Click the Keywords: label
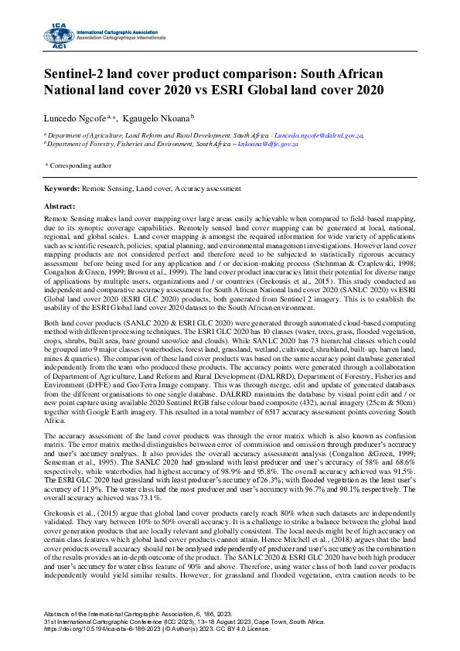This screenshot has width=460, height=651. click(61, 188)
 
